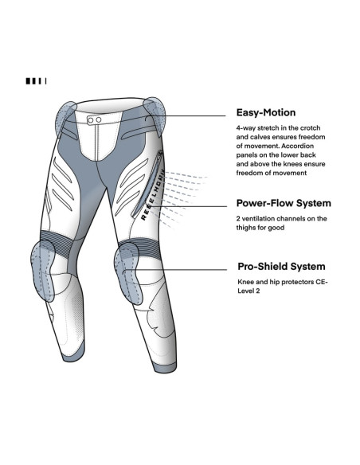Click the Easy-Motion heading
tap(266, 113)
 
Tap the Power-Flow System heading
tap(284, 203)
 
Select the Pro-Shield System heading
tap(281, 266)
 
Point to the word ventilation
tap(258, 218)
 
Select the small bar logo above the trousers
tap(36, 81)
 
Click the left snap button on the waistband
tap(91, 119)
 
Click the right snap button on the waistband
tap(99, 119)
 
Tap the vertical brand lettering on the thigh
tap(152, 195)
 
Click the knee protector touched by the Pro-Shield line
tap(128, 273)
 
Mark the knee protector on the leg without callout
tap(43, 271)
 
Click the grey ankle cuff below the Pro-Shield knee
tap(166, 366)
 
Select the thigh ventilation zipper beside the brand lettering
tap(147, 183)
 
